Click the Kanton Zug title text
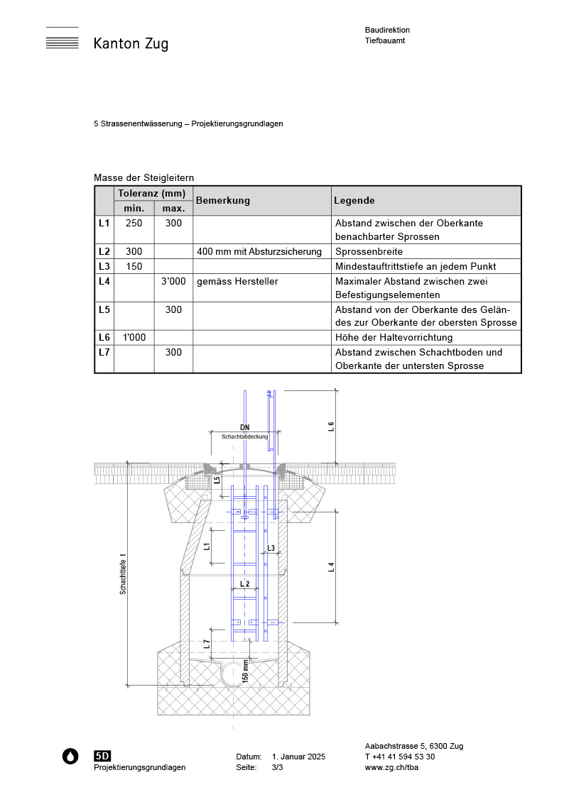click(x=131, y=44)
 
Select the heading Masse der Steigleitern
click(x=143, y=177)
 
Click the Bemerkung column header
click(x=223, y=201)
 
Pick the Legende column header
click(x=354, y=201)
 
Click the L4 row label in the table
click(x=104, y=282)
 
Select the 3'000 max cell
click(x=173, y=282)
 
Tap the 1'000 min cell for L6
click(x=134, y=337)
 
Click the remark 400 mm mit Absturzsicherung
click(x=259, y=252)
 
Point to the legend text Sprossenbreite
click(x=369, y=252)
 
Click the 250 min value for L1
click(x=134, y=223)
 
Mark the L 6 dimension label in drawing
click(x=331, y=427)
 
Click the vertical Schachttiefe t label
click(x=123, y=573)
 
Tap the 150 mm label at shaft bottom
click(x=246, y=670)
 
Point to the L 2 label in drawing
click(x=244, y=583)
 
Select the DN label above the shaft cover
click(x=244, y=428)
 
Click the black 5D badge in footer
click(x=102, y=756)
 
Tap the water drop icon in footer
click(x=70, y=757)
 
